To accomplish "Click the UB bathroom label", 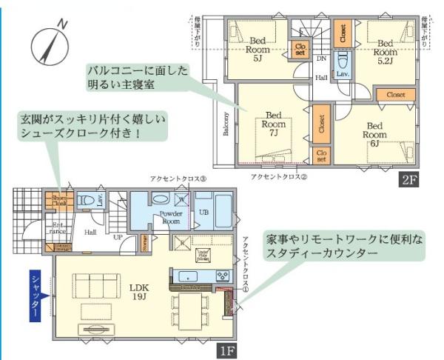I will tap(203, 213).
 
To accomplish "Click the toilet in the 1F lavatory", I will tap(87, 201).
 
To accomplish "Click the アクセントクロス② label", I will tap(278, 176).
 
